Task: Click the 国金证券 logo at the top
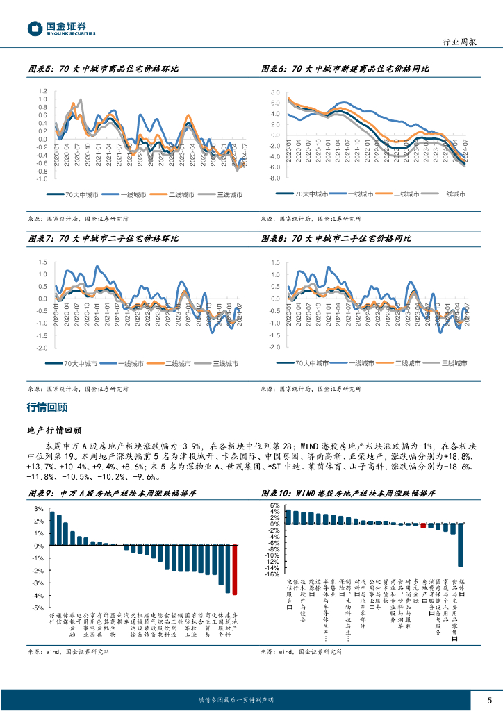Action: [x=61, y=28]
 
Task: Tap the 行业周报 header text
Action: [x=459, y=42]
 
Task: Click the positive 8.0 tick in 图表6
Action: [x=275, y=92]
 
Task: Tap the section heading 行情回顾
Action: [x=47, y=407]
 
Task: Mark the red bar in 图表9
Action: [x=235, y=570]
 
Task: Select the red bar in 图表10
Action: [x=422, y=526]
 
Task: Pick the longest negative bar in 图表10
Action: [x=460, y=544]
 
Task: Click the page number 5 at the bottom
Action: [x=490, y=700]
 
